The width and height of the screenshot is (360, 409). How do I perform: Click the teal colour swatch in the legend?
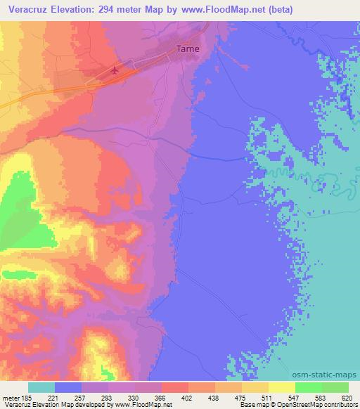coord(41,387)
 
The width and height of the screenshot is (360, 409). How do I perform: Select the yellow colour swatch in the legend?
coord(255,387)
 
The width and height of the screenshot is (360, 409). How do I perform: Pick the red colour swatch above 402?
coord(175,387)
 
